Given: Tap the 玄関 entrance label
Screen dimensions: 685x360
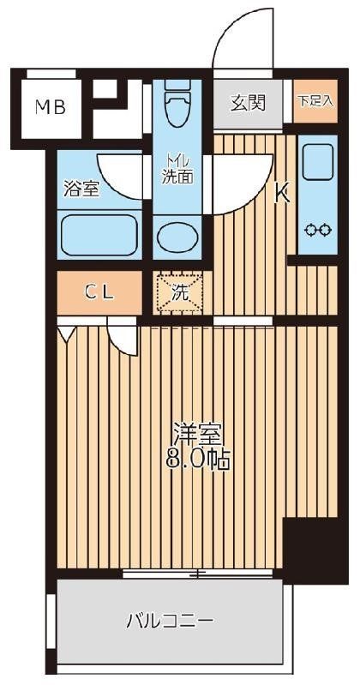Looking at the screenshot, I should tap(248, 103).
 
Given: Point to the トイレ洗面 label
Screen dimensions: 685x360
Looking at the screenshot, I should tap(178, 168).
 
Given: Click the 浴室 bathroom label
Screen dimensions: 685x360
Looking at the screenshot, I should tap(81, 189).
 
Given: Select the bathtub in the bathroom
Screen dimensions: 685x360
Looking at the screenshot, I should tap(99, 233).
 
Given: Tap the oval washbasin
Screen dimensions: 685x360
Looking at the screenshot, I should tap(177, 237).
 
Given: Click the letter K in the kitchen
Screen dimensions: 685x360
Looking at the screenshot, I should tap(280, 194).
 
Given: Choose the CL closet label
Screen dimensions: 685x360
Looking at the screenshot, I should tap(99, 292).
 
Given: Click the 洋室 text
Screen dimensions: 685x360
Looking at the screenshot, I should tap(196, 432).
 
